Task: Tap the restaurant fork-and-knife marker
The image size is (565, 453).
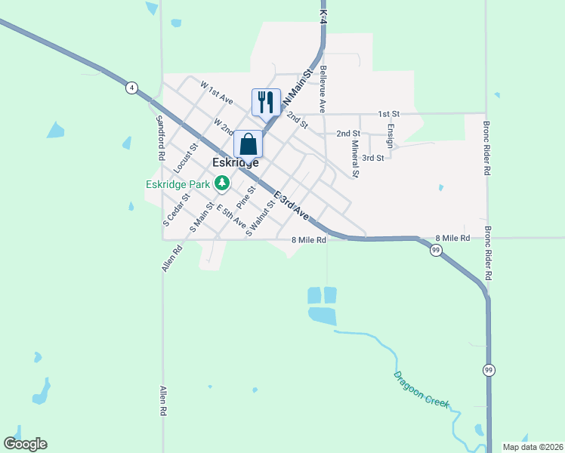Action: [266, 101]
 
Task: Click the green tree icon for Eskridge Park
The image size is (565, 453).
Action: [221, 182]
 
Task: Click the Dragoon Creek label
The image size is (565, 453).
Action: [421, 390]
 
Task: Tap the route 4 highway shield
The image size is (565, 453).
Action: [132, 88]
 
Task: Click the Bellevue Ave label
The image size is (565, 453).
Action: [323, 88]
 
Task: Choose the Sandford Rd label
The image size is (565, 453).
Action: [160, 137]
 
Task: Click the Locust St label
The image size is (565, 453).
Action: [185, 157]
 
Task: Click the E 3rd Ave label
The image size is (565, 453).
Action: [292, 205]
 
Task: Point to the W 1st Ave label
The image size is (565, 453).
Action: [216, 93]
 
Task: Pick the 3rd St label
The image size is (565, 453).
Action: [373, 158]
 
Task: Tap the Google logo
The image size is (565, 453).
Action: [25, 444]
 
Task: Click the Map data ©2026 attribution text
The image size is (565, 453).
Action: [532, 447]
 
